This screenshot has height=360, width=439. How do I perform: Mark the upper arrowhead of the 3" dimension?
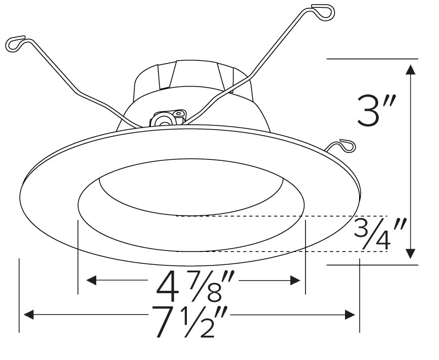pyautogui.click(x=411, y=70)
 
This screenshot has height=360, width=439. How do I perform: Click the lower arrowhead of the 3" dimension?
pyautogui.click(x=411, y=253)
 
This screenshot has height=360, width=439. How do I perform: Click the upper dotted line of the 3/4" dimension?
pyautogui.click(x=281, y=216)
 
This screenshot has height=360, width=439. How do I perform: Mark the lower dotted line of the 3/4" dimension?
pyautogui.click(x=281, y=251)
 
